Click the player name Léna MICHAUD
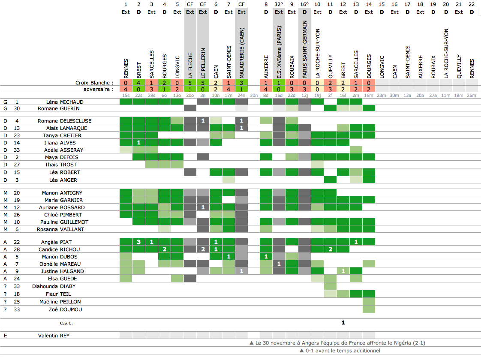(64, 102)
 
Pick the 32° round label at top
(279, 4)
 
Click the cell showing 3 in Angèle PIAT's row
(138, 242)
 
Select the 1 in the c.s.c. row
(343, 323)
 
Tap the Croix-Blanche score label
(94, 83)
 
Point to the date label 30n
(254, 95)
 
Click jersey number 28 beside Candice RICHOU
(17, 249)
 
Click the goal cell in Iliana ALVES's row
(138, 142)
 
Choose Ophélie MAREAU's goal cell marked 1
(279, 264)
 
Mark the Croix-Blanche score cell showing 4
(138, 83)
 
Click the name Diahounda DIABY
(64, 286)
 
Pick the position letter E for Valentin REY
(6, 336)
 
